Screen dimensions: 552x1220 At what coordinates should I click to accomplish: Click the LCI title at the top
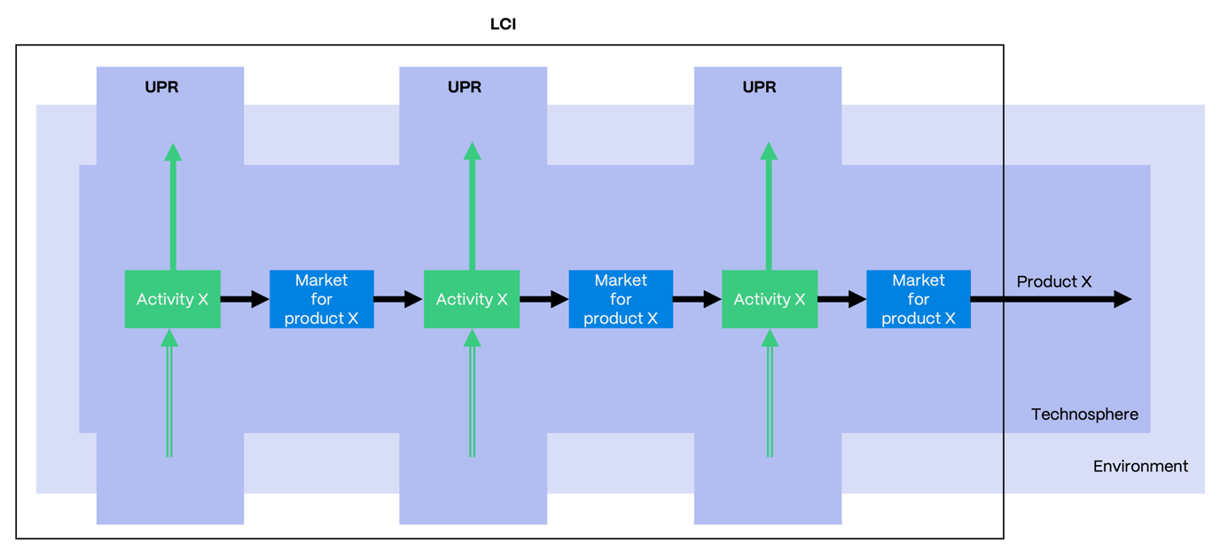503,24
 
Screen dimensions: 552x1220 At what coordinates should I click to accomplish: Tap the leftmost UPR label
161,87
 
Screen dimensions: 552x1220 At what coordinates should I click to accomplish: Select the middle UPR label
465,87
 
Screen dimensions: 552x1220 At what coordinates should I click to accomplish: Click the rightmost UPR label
759,87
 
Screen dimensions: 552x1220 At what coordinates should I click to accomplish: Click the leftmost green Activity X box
172,299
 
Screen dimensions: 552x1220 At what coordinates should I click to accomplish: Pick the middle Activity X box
471,299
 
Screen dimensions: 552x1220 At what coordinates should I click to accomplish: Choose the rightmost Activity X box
769,299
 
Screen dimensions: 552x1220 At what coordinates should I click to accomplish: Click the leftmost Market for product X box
321,299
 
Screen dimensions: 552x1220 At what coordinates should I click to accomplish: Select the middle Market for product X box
620,299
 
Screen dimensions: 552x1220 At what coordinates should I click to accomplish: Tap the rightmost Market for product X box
918,299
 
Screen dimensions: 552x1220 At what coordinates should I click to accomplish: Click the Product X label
1053,281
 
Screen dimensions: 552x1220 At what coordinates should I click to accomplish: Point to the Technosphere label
1084,414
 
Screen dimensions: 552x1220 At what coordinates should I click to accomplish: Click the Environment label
1140,466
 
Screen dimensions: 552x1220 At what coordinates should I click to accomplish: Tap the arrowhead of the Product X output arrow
1122,299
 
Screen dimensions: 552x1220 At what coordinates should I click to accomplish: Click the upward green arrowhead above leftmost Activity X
173,153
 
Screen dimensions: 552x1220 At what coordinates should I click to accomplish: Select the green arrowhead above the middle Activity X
472,153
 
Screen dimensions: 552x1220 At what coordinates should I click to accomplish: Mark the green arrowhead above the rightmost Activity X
769,153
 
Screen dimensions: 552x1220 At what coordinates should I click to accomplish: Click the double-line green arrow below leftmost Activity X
169,399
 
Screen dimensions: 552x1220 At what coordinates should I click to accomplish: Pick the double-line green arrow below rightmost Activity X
770,399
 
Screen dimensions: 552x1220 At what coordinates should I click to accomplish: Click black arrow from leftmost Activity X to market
244,299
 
